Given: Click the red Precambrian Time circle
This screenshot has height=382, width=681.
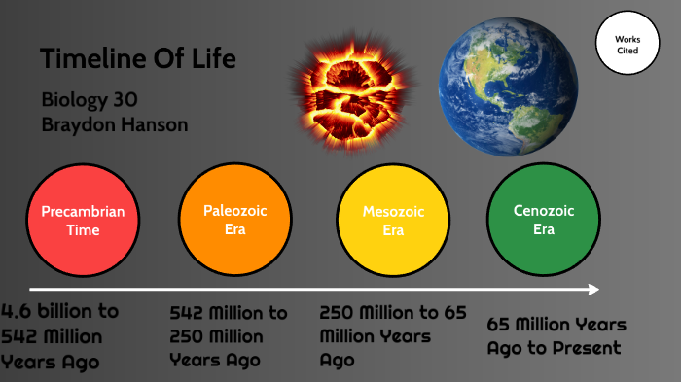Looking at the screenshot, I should pyautogui.click(x=83, y=221).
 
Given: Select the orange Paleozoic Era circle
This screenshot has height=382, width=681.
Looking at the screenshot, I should pyautogui.click(x=234, y=220).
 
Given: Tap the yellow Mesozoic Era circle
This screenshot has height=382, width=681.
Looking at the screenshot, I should pyautogui.click(x=392, y=221).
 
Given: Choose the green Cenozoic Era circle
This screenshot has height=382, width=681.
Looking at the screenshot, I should pyautogui.click(x=544, y=220).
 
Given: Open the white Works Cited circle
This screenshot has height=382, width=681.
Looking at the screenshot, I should pyautogui.click(x=627, y=44).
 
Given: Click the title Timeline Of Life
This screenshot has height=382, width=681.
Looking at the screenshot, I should pyautogui.click(x=138, y=59).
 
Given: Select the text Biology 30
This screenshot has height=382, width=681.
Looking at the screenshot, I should pyautogui.click(x=90, y=100).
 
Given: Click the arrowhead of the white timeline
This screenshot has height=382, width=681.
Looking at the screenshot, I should pyautogui.click(x=594, y=289).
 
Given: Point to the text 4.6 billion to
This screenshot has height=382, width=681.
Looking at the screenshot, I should pyautogui.click(x=60, y=312).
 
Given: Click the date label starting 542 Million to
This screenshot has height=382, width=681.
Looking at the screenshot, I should pyautogui.click(x=229, y=336).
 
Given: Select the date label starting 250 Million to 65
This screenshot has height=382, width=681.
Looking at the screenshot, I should pyautogui.click(x=393, y=335).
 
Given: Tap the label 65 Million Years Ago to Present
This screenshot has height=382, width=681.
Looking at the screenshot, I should pyautogui.click(x=556, y=336).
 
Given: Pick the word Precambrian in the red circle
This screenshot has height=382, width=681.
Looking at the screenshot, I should pyautogui.click(x=83, y=211).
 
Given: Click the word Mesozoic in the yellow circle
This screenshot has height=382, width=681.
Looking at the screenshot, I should pyautogui.click(x=393, y=211).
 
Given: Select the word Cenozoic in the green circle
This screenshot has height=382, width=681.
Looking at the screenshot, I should pyautogui.click(x=545, y=210).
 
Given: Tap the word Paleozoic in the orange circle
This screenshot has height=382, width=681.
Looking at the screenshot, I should pyautogui.click(x=234, y=210).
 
